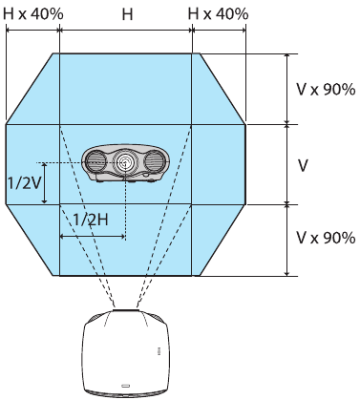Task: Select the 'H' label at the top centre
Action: [x=127, y=14]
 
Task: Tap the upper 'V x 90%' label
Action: [x=325, y=89]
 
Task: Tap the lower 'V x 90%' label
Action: [x=325, y=236]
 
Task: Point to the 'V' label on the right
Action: [x=304, y=164]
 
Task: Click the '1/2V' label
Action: [x=23, y=181]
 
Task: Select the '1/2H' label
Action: [x=91, y=219]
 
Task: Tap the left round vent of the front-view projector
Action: [x=98, y=164]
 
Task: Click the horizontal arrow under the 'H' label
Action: [x=126, y=31]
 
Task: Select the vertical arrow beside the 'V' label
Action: [x=287, y=163]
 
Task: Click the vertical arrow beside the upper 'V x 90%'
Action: [x=287, y=88]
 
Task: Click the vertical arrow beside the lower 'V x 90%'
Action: [x=287, y=239]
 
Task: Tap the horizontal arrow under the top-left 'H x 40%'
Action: [x=32, y=31]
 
